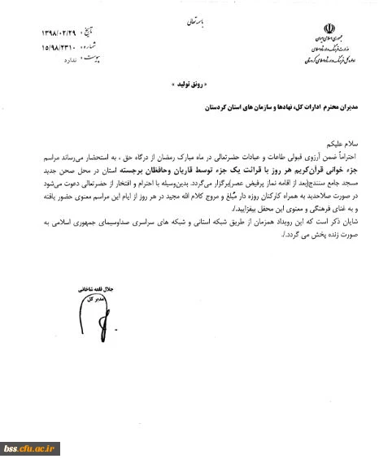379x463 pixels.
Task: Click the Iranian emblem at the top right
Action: tap(329, 29)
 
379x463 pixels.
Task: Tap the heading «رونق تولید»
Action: tap(189, 85)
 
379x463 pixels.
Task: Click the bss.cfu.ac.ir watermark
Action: tap(32, 447)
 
